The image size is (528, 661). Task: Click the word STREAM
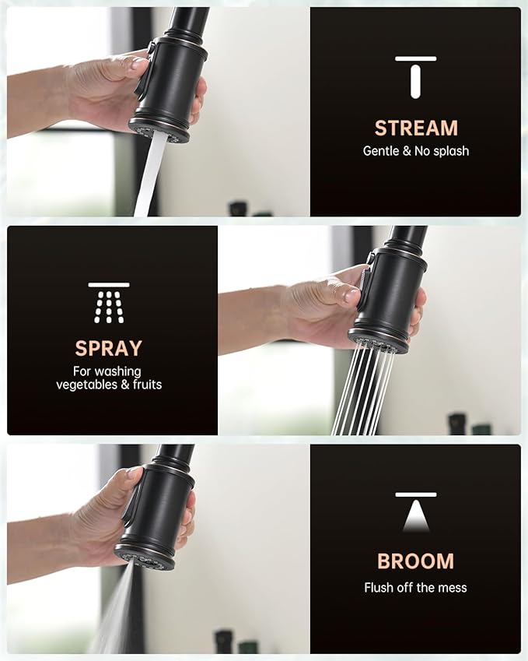pyautogui.click(x=416, y=128)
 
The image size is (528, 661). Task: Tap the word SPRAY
pyautogui.click(x=109, y=347)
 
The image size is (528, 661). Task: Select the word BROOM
pyautogui.click(x=415, y=561)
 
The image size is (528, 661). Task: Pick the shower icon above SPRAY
pyautogui.click(x=109, y=303)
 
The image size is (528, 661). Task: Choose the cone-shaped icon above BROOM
pyautogui.click(x=416, y=512)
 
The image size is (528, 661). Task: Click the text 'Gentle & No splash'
pyautogui.click(x=416, y=151)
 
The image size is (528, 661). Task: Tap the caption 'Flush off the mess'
pyautogui.click(x=416, y=587)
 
